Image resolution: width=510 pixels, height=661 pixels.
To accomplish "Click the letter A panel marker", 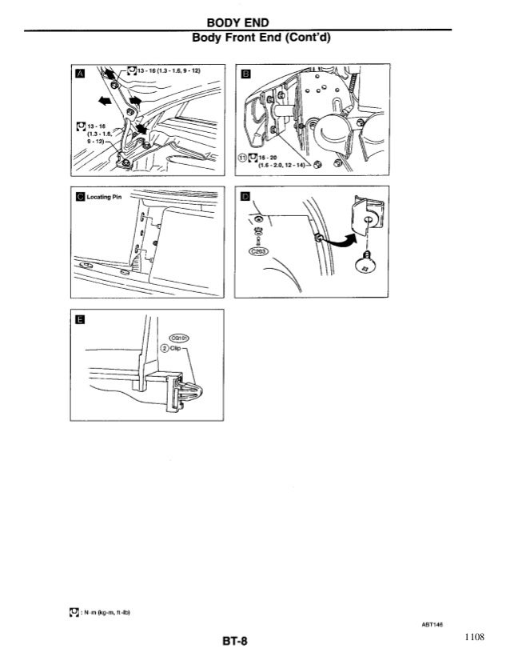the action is click(78, 74).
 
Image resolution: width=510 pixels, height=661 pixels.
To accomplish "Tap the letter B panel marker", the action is click(245, 74).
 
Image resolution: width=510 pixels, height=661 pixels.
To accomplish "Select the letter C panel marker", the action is click(78, 198).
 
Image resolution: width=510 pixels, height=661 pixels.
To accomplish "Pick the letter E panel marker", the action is click(78, 322).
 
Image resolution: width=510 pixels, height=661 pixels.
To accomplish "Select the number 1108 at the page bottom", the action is click(474, 638).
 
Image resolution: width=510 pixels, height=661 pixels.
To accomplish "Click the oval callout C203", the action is click(258, 250).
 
